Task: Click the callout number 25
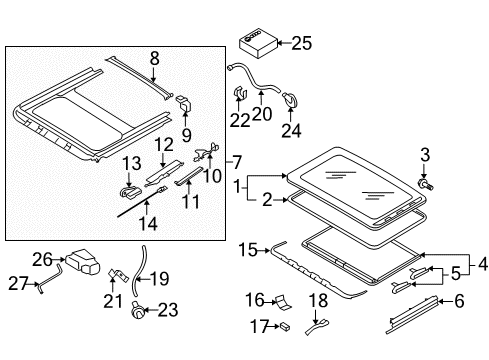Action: pyautogui.click(x=302, y=43)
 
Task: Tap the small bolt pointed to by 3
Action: pyautogui.click(x=426, y=184)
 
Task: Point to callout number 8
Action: pyautogui.click(x=154, y=58)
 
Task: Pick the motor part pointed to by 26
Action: pyautogui.click(x=83, y=262)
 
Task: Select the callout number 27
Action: pyautogui.click(x=18, y=284)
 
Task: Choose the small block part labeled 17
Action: pyautogui.click(x=285, y=326)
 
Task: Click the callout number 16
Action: pyautogui.click(x=255, y=300)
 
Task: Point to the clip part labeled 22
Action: pyautogui.click(x=240, y=93)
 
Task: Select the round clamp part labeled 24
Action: pyautogui.click(x=290, y=99)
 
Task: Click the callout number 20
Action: pyautogui.click(x=262, y=114)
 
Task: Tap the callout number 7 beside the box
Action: pyautogui.click(x=236, y=163)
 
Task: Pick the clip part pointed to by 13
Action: pyautogui.click(x=130, y=192)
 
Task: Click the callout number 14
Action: pyautogui.click(x=148, y=224)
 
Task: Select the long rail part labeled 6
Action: pyautogui.click(x=411, y=314)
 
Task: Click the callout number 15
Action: pyautogui.click(x=248, y=250)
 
